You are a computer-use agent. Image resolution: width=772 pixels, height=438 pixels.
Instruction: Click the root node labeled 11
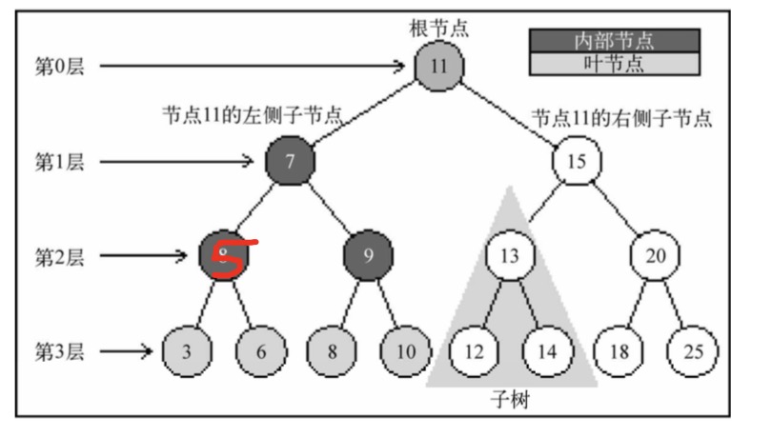tap(438, 66)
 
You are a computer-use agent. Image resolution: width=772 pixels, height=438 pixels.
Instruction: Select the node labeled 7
tap(290, 160)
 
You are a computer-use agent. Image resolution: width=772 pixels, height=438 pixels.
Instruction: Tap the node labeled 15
tap(576, 160)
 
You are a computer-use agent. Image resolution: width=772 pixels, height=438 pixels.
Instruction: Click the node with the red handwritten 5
tap(224, 255)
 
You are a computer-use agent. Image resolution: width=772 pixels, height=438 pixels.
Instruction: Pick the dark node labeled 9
tap(368, 255)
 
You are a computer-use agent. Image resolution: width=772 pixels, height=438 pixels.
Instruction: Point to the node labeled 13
tap(510, 255)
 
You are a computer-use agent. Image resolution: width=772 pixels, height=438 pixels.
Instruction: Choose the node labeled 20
tap(653, 255)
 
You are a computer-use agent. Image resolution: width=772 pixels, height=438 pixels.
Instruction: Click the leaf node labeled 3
tap(187, 350)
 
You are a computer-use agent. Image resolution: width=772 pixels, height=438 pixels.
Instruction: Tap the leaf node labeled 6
tap(260, 350)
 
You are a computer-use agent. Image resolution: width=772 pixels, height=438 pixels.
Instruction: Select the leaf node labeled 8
tap(332, 350)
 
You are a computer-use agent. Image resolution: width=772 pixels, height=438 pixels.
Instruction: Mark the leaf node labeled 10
tap(405, 350)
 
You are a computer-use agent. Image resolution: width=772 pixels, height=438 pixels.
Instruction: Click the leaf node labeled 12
tap(474, 350)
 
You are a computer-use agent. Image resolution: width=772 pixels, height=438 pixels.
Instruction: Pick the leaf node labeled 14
tap(546, 350)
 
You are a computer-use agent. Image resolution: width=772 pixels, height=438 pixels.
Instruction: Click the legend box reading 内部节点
tap(615, 40)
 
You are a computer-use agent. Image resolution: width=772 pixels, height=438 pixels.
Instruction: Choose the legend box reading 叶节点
tap(615, 63)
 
